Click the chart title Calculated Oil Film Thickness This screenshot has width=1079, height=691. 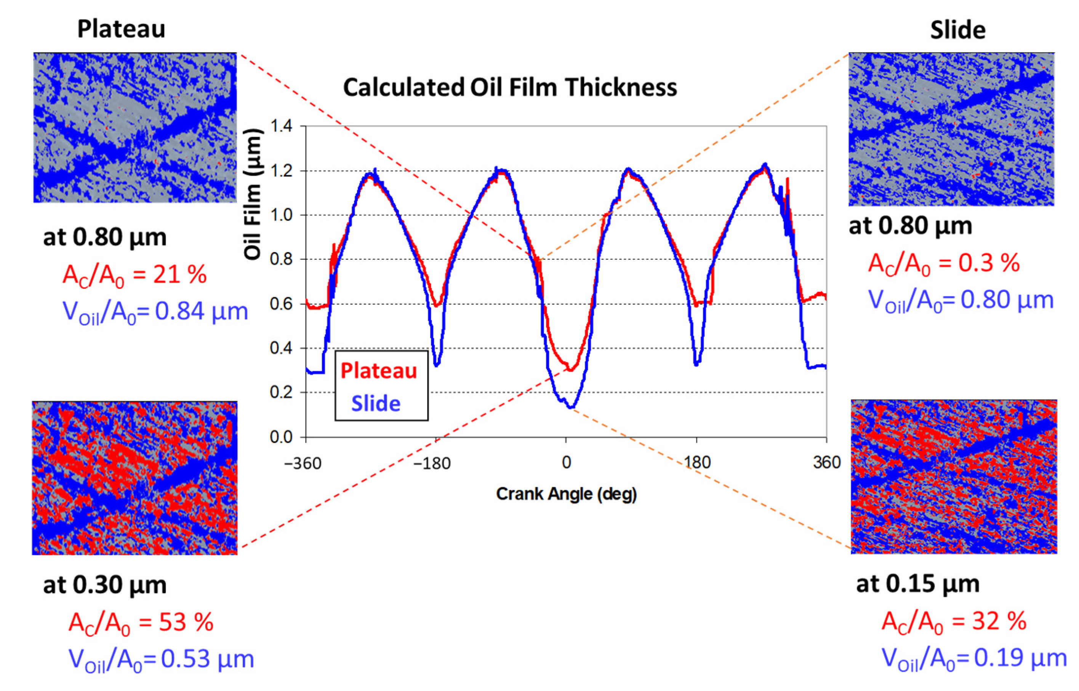pos(510,87)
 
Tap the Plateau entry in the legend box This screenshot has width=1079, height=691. pos(379,371)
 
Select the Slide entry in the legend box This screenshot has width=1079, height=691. pos(376,403)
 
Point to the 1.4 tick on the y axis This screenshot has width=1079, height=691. pos(281,126)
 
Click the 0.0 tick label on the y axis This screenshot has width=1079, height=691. pos(281,437)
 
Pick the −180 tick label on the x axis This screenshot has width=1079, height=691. pos(432,462)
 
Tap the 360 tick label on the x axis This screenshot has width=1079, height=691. pos(826,462)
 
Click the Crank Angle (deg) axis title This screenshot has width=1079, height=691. pos(566,494)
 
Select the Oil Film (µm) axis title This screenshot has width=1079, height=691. pos(253,194)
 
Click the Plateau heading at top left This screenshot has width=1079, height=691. pos(121,29)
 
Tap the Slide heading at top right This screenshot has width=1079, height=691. pos(957,30)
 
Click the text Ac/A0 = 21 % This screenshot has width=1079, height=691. pos(134,274)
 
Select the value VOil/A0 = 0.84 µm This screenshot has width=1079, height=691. pos(155,311)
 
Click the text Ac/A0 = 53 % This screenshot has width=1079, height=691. pos(141,622)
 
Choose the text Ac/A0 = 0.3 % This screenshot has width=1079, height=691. pos(943,263)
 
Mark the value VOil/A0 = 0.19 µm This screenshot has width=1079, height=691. pos(974,658)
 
